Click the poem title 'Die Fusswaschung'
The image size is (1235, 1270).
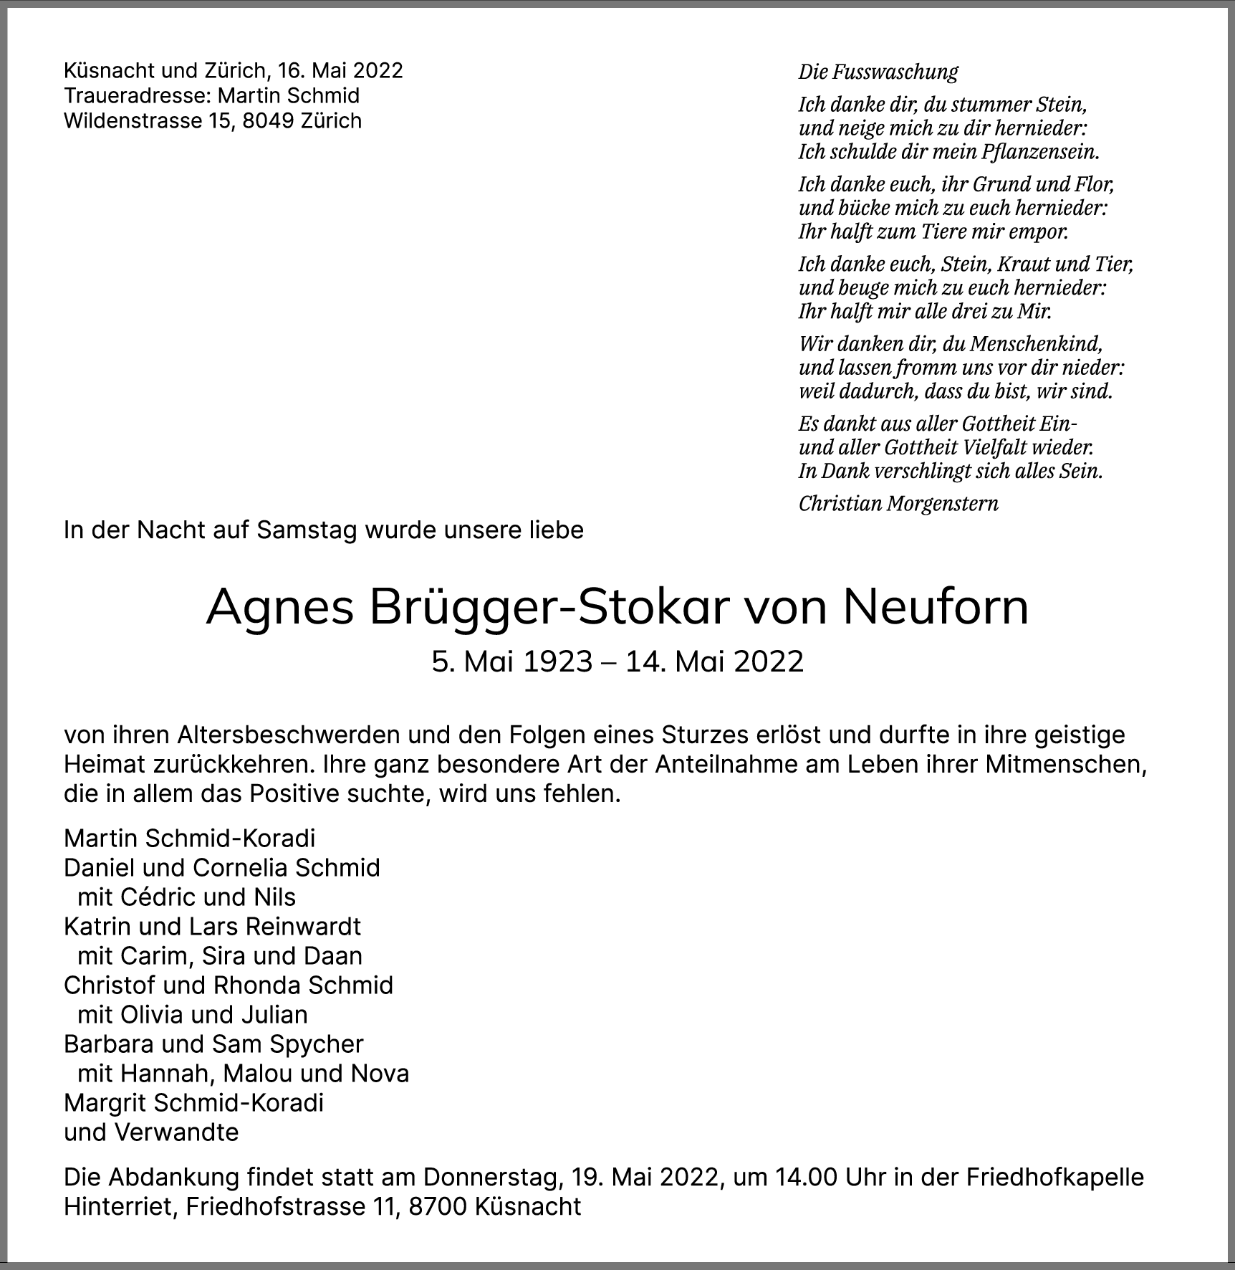[x=878, y=72]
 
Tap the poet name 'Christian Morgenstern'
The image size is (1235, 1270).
[x=898, y=503]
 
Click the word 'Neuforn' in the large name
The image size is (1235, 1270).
[x=936, y=607]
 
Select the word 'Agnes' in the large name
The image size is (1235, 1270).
[x=280, y=607]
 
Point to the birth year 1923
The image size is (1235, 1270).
[x=557, y=661]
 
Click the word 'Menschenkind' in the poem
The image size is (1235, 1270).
[x=1036, y=344]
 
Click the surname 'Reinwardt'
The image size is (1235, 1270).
[x=303, y=926]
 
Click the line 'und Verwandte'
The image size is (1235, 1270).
[x=151, y=1132]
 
